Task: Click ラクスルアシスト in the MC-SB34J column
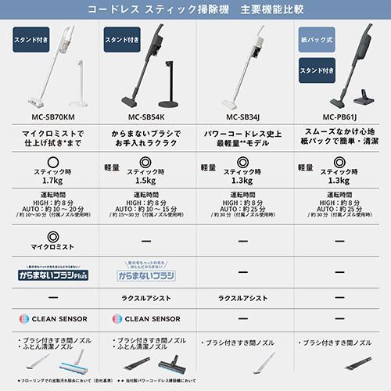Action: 243,298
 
